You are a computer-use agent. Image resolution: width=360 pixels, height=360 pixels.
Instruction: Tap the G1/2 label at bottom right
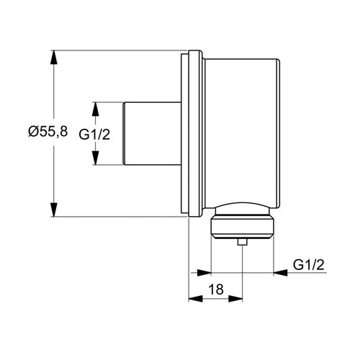[309, 266]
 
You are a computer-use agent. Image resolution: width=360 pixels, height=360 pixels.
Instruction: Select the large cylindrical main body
[241, 130]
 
